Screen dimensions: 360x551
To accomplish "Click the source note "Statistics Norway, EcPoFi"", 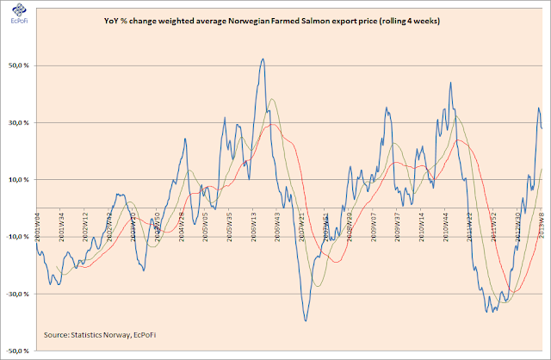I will pyautogui.click(x=96, y=333).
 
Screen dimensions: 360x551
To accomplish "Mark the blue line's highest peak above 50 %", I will pyautogui.click(x=262, y=59).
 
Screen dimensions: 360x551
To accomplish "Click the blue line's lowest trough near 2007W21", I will pyautogui.click(x=306, y=320).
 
